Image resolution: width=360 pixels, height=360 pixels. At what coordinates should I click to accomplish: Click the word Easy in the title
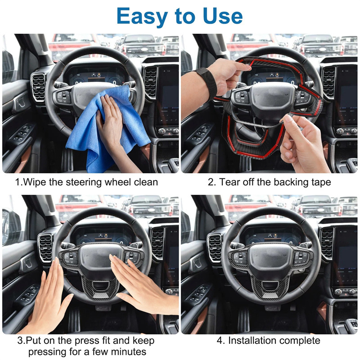[142, 16]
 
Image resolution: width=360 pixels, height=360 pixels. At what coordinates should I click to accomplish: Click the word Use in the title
[222, 16]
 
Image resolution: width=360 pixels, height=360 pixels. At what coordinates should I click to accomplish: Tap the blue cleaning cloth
[108, 129]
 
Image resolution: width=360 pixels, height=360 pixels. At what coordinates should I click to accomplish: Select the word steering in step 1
[84, 183]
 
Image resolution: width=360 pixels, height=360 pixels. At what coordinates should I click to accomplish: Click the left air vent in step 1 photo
[38, 88]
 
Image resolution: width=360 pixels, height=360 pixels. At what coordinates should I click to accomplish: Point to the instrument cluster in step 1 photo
[97, 77]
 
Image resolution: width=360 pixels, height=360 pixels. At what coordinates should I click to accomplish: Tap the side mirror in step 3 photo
[10, 227]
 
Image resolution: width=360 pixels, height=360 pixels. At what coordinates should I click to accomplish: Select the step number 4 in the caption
[220, 341]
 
